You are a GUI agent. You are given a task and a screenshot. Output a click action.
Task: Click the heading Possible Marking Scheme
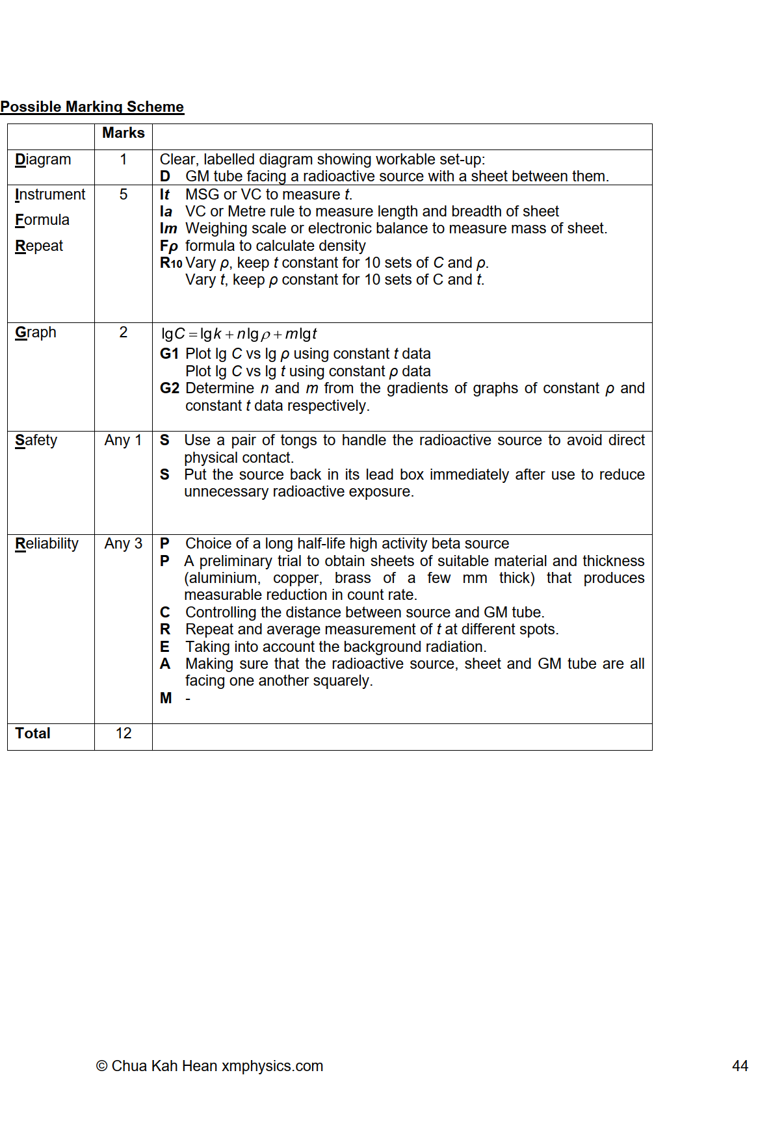click(x=92, y=107)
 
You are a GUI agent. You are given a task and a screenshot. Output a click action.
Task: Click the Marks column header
click(x=123, y=133)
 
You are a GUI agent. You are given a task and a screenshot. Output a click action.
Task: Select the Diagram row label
click(x=43, y=159)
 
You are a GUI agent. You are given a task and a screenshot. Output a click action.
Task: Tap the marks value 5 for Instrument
click(x=123, y=194)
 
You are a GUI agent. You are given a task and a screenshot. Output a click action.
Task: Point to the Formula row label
click(x=42, y=220)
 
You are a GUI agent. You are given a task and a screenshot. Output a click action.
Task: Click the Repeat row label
click(x=39, y=246)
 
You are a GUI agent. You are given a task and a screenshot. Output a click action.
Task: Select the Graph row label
click(x=36, y=332)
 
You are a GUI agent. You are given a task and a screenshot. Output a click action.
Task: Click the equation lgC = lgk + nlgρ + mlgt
click(x=239, y=334)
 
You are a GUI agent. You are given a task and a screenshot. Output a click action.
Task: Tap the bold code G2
click(x=169, y=388)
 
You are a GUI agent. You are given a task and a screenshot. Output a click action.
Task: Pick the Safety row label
click(x=36, y=440)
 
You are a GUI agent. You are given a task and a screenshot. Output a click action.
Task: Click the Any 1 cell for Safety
click(x=123, y=440)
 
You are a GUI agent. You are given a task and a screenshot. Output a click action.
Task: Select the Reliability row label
click(x=47, y=543)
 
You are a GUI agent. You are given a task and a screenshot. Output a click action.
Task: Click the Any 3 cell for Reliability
click(x=123, y=543)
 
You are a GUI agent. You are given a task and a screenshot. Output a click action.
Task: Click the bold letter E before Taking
click(x=164, y=647)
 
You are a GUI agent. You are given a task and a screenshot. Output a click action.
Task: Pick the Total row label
click(x=33, y=733)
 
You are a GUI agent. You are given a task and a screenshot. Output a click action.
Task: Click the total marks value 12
click(x=123, y=733)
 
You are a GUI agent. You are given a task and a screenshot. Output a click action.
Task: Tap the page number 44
click(x=740, y=1066)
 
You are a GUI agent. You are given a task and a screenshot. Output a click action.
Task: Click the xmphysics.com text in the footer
click(x=272, y=1066)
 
